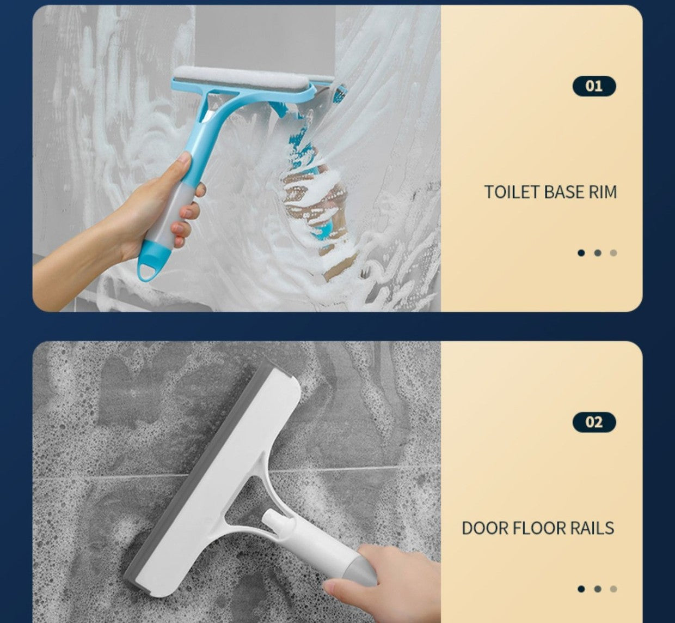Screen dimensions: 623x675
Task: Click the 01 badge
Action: click(x=594, y=86)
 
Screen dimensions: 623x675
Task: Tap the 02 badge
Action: click(x=594, y=422)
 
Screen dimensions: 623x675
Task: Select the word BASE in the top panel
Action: click(x=563, y=192)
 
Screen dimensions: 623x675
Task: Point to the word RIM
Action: click(x=603, y=192)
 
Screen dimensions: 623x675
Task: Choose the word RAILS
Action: click(x=592, y=528)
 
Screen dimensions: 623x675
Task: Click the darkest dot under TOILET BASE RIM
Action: click(x=581, y=253)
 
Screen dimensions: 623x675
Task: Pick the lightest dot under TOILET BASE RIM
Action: click(x=613, y=253)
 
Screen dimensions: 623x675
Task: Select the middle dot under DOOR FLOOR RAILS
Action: click(x=598, y=589)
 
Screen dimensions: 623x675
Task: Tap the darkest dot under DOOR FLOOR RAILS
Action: click(x=581, y=589)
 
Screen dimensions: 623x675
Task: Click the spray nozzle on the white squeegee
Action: click(x=271, y=519)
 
